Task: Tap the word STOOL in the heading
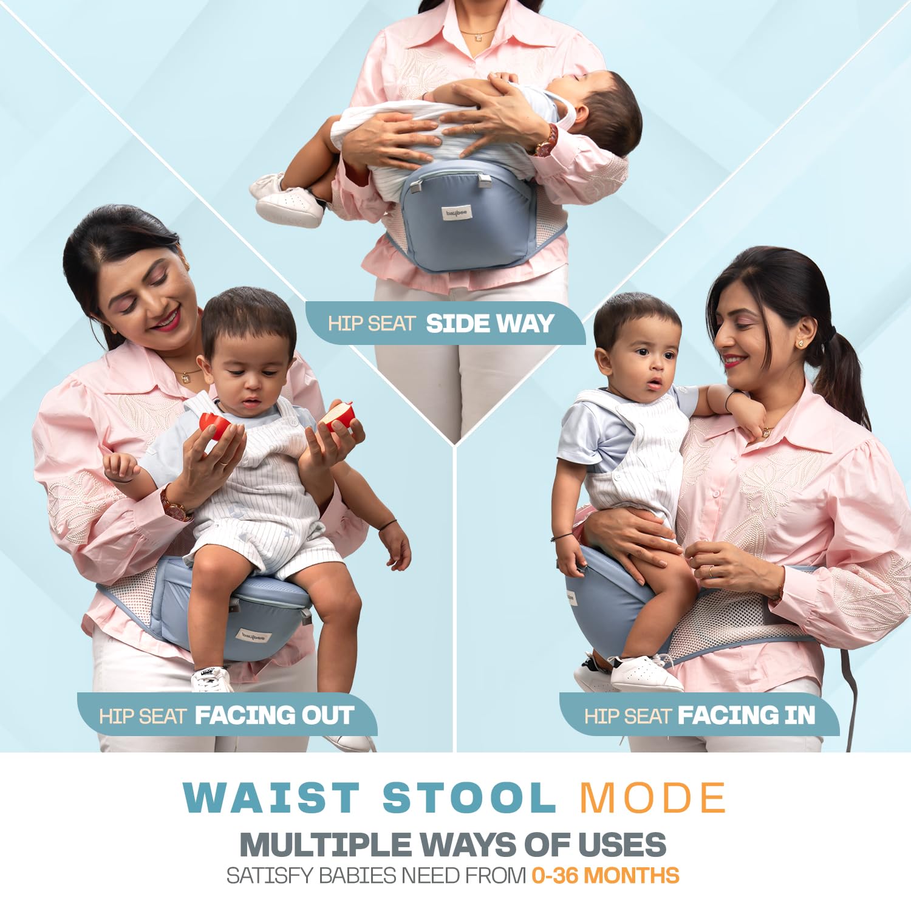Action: pos(469,797)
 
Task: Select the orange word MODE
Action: pos(653,797)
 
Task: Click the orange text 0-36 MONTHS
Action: pos(605,876)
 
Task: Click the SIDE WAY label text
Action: pos(490,323)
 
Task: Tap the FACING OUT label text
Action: pos(274,715)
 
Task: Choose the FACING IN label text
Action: pos(746,715)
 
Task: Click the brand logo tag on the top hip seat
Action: pos(457,213)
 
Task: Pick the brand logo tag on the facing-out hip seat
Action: pos(254,636)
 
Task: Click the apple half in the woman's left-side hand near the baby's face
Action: pos(214,425)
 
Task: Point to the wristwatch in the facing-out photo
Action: pos(175,504)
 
